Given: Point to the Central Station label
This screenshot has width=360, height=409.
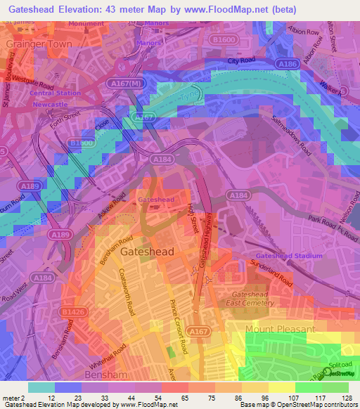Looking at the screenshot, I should coord(55,93).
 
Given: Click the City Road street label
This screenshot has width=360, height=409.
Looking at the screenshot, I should coord(240,61).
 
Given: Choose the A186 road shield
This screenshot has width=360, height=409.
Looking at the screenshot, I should coord(288,64).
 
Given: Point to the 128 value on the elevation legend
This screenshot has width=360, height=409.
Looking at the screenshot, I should coord(345,398).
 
